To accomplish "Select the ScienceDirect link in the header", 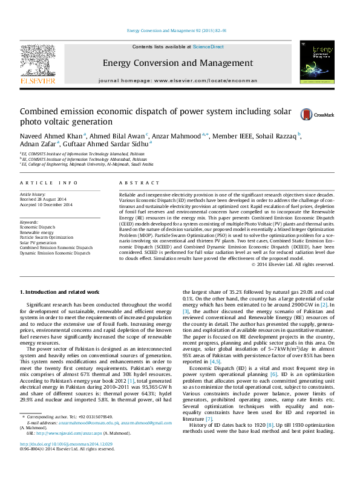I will [x=208, y=47].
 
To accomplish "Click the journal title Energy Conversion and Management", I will [x=177, y=63].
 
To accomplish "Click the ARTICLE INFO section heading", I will [x=48, y=183].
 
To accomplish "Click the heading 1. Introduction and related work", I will [x=59, y=292].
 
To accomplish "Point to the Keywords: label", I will [x=30, y=222].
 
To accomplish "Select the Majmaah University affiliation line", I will [x=88, y=164].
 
